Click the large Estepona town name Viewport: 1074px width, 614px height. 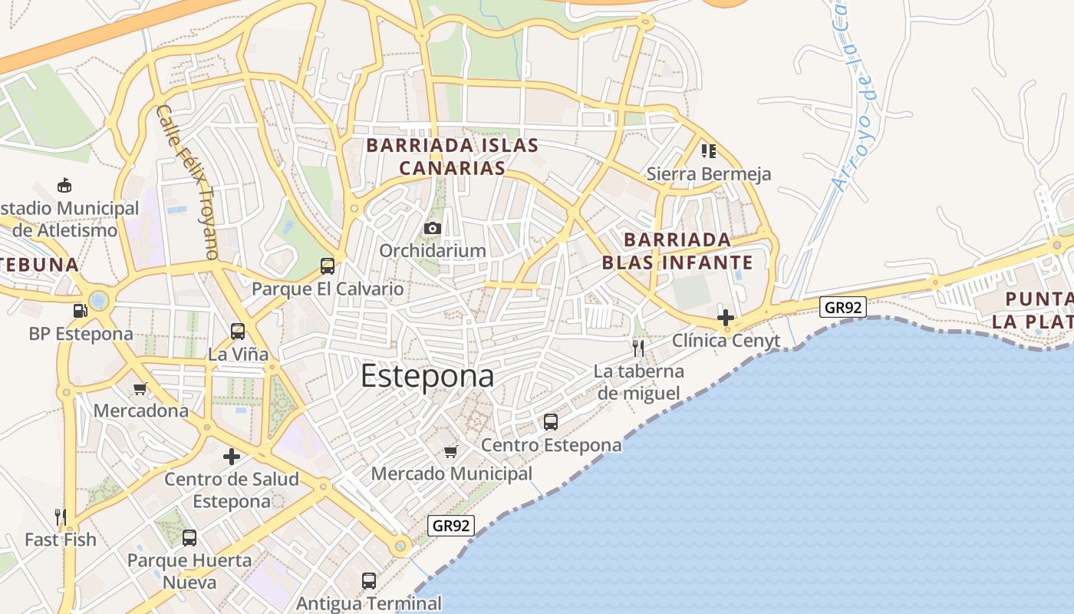(x=427, y=376)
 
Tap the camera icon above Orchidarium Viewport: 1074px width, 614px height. (x=433, y=228)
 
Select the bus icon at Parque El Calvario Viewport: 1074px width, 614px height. (x=328, y=266)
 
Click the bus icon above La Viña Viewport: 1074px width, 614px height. (x=238, y=332)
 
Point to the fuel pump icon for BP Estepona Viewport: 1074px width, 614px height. (x=80, y=311)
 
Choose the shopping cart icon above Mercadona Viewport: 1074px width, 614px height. (x=140, y=388)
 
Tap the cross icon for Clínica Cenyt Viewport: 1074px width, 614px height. (x=725, y=317)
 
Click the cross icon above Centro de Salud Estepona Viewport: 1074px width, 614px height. (x=232, y=457)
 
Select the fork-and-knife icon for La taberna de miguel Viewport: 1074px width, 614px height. (x=638, y=348)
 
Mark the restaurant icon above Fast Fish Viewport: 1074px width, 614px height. (x=61, y=517)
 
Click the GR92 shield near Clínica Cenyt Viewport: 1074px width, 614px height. (x=842, y=308)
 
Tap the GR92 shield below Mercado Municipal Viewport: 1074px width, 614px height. (x=451, y=526)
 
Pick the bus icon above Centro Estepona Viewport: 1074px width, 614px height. (x=551, y=421)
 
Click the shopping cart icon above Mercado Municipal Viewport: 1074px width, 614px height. (x=451, y=451)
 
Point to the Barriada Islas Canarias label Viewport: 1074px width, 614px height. (x=452, y=157)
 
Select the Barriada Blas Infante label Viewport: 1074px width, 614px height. (x=677, y=252)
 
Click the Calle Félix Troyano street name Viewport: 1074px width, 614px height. (x=188, y=181)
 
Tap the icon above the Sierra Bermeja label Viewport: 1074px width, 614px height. (x=708, y=150)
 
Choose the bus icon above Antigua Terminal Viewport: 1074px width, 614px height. (x=369, y=580)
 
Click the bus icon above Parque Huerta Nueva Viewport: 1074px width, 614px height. (x=189, y=537)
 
